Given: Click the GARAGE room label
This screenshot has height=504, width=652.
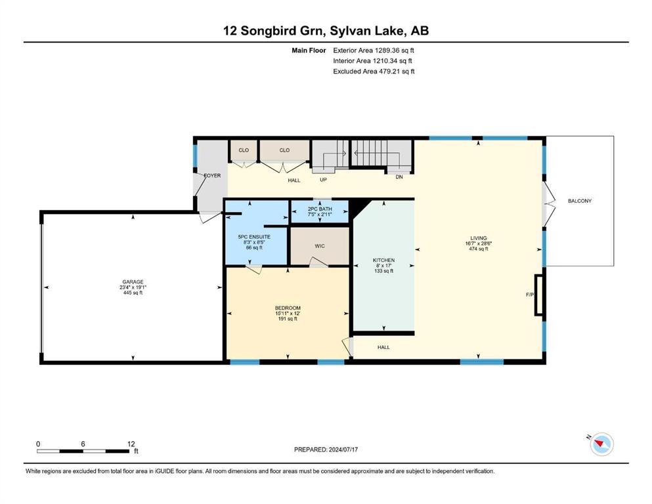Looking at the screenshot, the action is click(133, 282).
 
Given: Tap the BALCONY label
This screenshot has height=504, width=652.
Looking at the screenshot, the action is click(580, 201).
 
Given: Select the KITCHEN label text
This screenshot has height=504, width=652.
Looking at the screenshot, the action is click(383, 260).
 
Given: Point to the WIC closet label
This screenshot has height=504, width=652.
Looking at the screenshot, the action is click(320, 246).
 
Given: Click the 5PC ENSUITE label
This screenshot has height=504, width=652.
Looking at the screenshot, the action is click(254, 237).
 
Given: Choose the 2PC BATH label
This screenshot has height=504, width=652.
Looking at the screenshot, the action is click(320, 209).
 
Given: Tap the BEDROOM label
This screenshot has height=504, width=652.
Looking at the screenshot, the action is click(288, 308).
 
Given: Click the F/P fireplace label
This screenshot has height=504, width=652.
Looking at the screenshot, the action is click(530, 295).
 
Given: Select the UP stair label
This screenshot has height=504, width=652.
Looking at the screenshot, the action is click(323, 180).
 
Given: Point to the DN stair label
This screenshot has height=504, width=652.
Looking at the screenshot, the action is click(399, 177).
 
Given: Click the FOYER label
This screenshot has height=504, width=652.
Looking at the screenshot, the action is click(213, 175).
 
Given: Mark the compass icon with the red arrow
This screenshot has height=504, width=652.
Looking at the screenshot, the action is click(601, 444).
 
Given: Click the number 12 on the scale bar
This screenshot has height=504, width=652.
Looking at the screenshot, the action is click(131, 444).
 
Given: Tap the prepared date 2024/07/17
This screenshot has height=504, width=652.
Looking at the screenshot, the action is click(343, 450).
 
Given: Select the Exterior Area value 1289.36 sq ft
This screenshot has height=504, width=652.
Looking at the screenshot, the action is click(395, 51).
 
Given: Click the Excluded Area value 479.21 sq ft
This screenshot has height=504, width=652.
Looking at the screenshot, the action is click(397, 72).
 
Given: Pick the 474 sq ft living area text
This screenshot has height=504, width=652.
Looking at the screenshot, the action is click(479, 249).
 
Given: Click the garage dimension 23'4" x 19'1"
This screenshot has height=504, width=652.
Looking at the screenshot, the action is click(133, 287).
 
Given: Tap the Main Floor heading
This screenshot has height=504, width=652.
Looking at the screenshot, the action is click(309, 51).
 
